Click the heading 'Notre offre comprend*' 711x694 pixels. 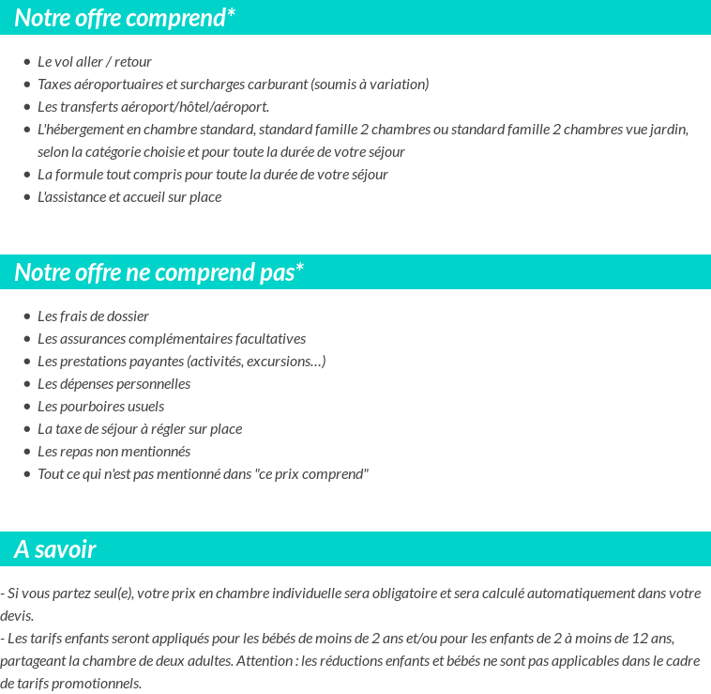tap(125, 17)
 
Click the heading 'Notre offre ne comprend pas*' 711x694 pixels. tap(159, 272)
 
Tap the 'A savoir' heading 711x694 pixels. tap(55, 549)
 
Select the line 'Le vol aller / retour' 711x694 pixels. tap(94, 62)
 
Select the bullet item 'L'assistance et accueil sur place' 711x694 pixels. tap(129, 197)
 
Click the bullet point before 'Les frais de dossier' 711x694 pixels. tap(27, 317)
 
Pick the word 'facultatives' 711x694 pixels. tap(268, 339)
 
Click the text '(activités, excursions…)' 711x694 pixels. tap(256, 362)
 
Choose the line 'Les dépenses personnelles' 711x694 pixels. tap(113, 384)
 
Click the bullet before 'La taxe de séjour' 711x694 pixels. tap(27, 430)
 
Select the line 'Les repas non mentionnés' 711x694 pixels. tap(113, 452)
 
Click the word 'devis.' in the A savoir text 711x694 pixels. tap(17, 616)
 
